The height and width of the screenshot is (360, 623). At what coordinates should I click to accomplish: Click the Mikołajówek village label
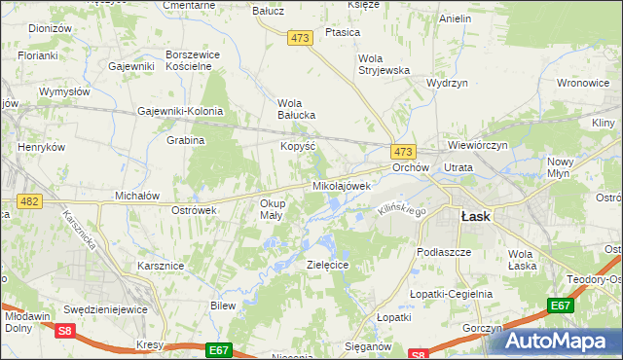(x=341, y=185)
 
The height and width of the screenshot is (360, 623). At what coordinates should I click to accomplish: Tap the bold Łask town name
(x=475, y=217)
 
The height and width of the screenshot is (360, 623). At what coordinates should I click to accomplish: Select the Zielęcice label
(x=326, y=264)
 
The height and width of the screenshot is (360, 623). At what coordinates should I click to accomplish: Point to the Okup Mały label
(x=272, y=209)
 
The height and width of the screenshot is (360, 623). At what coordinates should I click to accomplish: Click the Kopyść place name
(x=297, y=145)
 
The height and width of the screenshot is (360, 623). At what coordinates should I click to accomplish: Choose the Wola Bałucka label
(x=297, y=109)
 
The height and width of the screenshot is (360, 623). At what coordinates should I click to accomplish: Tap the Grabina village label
(x=185, y=140)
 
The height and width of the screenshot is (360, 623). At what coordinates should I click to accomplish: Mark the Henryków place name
(x=41, y=147)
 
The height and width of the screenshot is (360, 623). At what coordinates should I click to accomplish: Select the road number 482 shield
(x=28, y=201)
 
